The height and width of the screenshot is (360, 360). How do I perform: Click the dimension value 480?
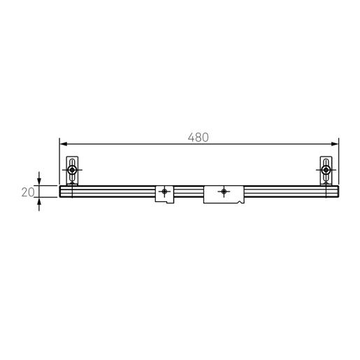click(199, 138)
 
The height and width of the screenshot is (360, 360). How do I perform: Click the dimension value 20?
click(28, 192)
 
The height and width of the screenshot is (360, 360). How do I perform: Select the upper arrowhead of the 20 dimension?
click(39, 181)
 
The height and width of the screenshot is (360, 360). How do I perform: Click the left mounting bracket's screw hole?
click(72, 170)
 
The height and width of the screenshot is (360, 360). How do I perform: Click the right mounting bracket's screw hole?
click(326, 170)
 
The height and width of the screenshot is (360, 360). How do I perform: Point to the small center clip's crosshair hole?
click(165, 191)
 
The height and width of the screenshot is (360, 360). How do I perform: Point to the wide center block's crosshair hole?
click(224, 191)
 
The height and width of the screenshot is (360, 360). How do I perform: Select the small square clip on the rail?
click(165, 194)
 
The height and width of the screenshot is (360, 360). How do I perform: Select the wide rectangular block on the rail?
click(224, 194)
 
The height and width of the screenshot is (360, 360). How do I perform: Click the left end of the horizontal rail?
click(62, 192)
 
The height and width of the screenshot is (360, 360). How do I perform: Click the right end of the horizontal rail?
click(337, 192)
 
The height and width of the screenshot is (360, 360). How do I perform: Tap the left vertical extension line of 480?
click(59, 164)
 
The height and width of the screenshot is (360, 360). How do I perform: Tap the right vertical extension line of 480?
click(339, 164)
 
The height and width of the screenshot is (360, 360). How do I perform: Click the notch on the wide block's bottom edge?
click(240, 202)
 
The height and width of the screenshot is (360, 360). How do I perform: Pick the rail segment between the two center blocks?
click(189, 192)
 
